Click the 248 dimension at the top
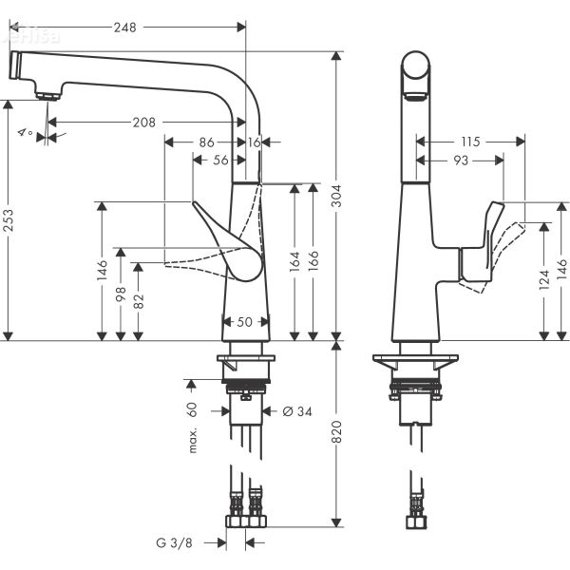[123, 28]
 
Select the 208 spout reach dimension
[144, 123]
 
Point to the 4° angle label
[25, 133]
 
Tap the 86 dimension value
[205, 142]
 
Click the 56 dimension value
[220, 161]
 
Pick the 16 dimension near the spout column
[254, 142]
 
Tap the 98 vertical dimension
[121, 295]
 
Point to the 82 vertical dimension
[139, 301]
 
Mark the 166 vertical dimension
[313, 260]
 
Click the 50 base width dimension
[244, 322]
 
